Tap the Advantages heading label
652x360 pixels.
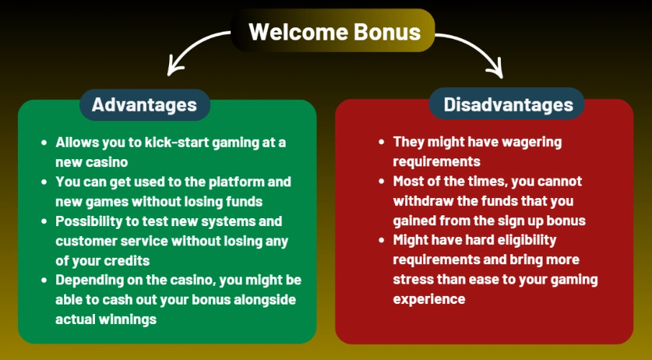[x=145, y=105]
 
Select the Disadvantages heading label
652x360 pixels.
[x=508, y=105]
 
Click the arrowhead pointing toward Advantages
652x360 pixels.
[x=171, y=70]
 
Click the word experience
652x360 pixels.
[x=430, y=298]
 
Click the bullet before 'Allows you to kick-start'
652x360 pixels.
[x=45, y=143]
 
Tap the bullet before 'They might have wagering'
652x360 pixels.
[x=381, y=142]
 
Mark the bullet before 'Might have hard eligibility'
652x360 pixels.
[x=381, y=240]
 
